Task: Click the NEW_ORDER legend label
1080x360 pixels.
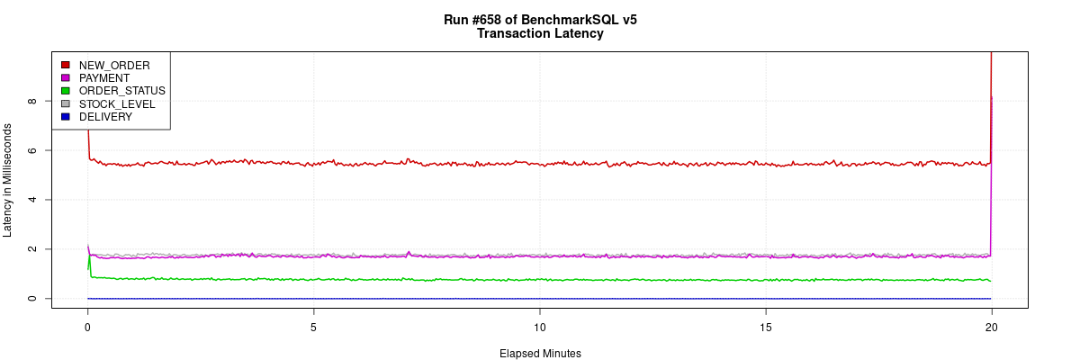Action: [x=114, y=65]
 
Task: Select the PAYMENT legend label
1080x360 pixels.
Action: [x=104, y=78]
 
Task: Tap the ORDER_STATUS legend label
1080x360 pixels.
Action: [x=121, y=91]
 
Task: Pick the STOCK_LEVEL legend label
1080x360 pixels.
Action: [x=117, y=104]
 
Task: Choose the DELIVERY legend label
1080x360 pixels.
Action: [x=105, y=117]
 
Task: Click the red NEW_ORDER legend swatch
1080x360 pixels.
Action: [x=65, y=65]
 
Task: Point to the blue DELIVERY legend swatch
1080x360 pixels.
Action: [x=65, y=117]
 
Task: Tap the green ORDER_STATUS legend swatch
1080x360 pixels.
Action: [x=65, y=91]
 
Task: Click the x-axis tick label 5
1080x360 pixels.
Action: [x=313, y=326]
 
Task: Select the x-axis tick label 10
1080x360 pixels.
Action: [x=539, y=326]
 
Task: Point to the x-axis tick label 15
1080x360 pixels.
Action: [x=765, y=326]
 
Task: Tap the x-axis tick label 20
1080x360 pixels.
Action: [x=991, y=326]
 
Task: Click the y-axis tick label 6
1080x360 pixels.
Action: [x=32, y=150]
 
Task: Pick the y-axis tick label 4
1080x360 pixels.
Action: [x=32, y=200]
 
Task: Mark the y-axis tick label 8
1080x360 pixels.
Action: [x=32, y=101]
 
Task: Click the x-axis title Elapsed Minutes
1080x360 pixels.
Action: [x=540, y=354]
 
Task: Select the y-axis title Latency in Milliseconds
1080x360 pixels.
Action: [x=8, y=180]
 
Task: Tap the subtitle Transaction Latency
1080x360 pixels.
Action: [x=540, y=34]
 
